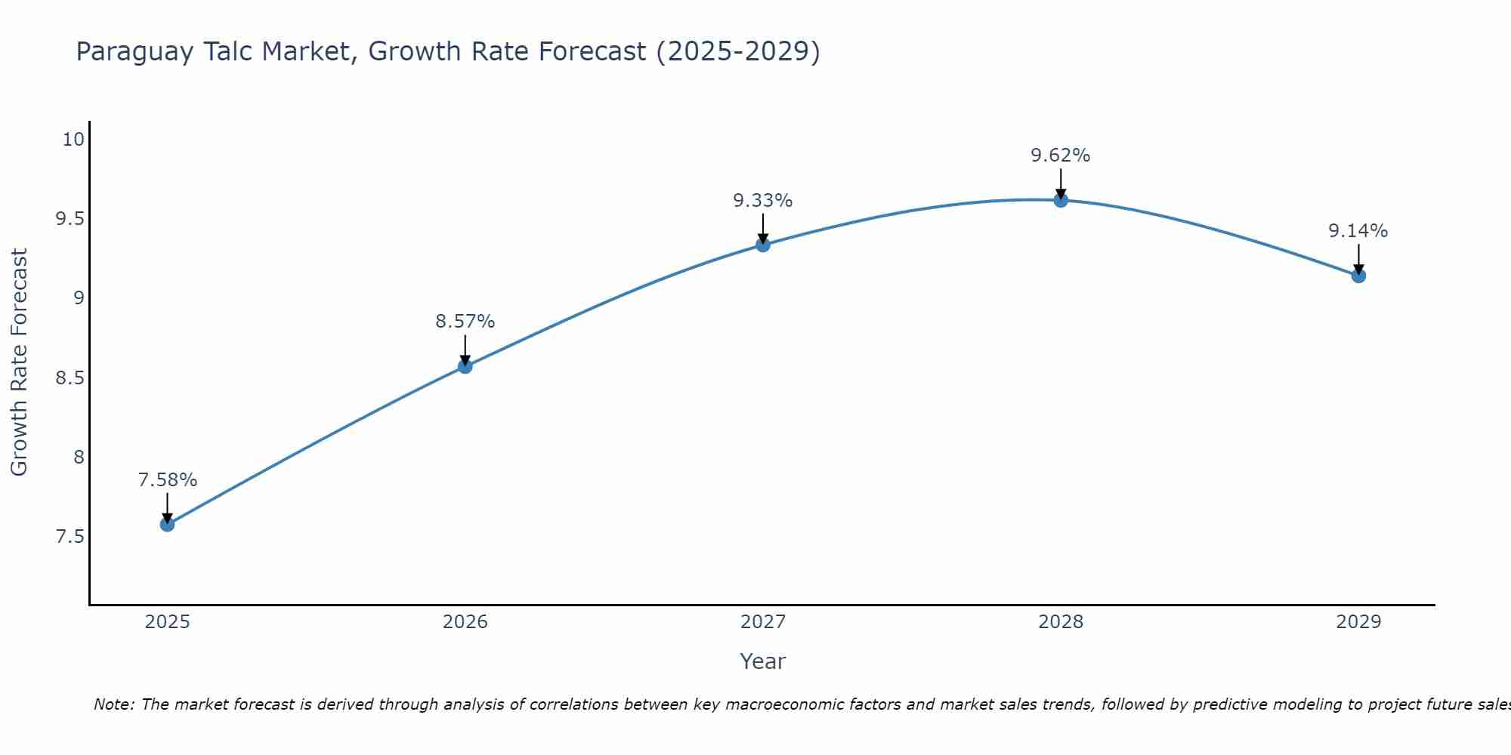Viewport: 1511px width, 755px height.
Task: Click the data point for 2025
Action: [x=167, y=524]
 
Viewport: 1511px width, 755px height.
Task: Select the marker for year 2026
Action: [x=465, y=366]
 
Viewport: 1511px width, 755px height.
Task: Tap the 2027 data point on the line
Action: [x=762, y=245]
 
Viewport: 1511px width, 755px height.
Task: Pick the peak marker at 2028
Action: [x=1060, y=200]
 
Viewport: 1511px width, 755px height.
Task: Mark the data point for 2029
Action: [x=1358, y=276]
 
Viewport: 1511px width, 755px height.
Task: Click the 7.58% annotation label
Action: [x=167, y=480]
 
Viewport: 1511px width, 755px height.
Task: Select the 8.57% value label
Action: [x=465, y=322]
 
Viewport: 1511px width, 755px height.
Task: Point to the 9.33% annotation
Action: [x=762, y=201]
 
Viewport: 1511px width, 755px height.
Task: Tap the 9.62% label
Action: [x=1060, y=156]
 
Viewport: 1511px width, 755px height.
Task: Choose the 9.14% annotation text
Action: [x=1358, y=231]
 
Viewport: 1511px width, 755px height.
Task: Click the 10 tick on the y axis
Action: [x=73, y=140]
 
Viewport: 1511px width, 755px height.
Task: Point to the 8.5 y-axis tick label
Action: [x=70, y=377]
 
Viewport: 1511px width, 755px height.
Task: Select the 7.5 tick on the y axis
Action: [x=70, y=537]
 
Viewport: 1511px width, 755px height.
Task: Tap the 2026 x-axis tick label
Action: [x=465, y=622]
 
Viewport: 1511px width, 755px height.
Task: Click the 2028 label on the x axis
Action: [x=1060, y=622]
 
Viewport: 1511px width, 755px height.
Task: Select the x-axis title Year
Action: [x=762, y=661]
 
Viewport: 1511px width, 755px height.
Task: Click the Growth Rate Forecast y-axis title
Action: [x=19, y=362]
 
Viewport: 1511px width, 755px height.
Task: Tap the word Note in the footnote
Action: [x=113, y=704]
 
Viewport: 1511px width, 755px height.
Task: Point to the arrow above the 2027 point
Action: [x=762, y=228]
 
